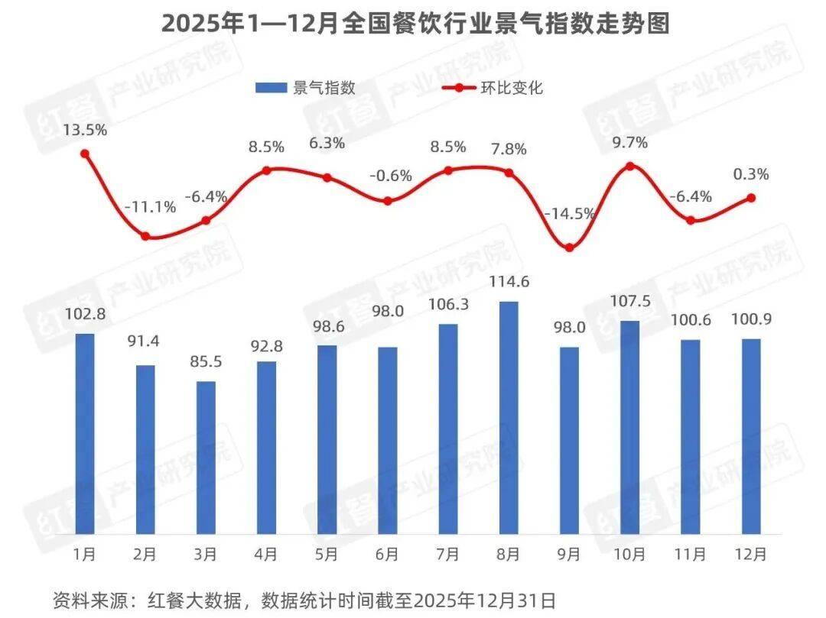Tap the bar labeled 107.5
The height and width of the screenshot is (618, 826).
click(629, 427)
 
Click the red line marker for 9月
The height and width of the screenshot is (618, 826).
click(569, 247)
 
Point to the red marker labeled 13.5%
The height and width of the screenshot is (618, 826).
click(85, 154)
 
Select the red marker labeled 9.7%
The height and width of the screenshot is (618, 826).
click(629, 166)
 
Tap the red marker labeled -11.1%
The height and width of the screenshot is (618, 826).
click(145, 236)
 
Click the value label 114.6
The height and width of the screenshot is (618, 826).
click(509, 283)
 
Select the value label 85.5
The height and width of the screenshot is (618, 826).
click(206, 362)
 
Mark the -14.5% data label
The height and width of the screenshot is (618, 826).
click(569, 214)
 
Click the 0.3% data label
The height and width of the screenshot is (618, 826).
click(751, 174)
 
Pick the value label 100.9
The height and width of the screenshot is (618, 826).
click(751, 320)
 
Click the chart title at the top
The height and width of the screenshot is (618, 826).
click(415, 24)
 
